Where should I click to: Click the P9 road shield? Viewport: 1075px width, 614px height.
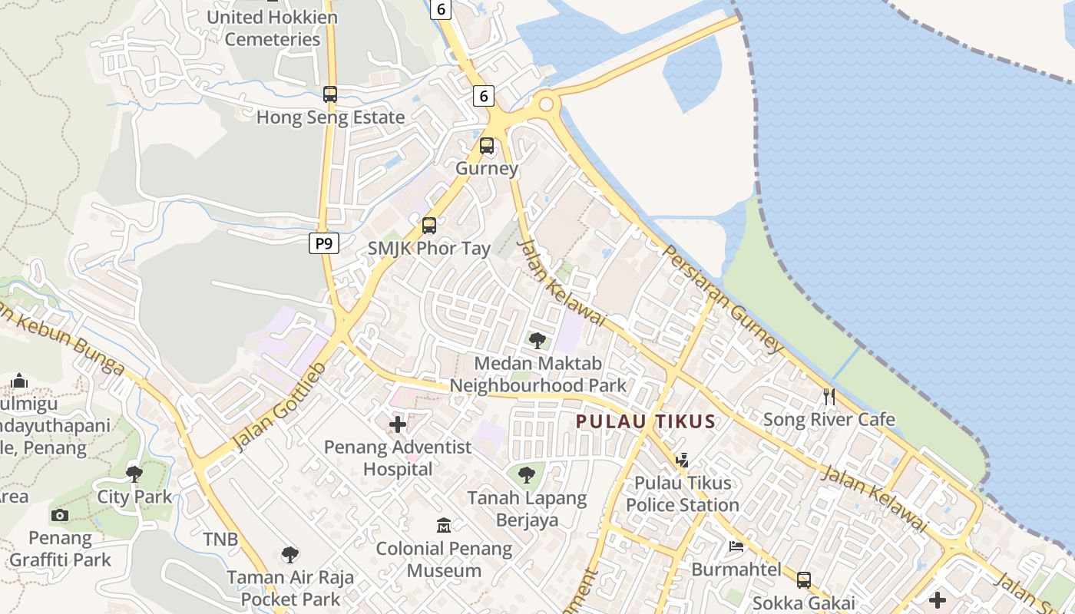(324, 244)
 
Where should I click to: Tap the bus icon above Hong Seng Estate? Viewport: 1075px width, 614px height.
(329, 94)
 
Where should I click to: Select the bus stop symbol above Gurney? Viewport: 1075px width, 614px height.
(487, 146)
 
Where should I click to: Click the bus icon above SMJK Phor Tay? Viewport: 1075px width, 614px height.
(428, 226)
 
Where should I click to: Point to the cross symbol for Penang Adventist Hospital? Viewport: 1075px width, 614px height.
(398, 424)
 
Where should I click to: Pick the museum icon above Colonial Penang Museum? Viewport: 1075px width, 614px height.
(444, 526)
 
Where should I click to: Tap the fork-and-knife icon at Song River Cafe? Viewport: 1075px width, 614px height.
(829, 397)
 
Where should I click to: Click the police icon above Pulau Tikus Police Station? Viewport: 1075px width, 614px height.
(682, 460)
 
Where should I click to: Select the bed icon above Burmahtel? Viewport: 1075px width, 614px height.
(736, 546)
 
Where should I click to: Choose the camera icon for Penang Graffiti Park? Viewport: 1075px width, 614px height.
(60, 515)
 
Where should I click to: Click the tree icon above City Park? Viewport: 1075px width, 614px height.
(134, 474)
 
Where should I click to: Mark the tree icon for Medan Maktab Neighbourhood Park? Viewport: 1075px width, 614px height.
(537, 340)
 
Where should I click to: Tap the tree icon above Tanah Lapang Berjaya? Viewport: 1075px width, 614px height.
(527, 475)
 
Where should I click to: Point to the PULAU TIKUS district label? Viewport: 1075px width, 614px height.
(646, 421)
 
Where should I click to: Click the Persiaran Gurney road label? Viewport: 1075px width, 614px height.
(723, 300)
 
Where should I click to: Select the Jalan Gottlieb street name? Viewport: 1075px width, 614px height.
(279, 406)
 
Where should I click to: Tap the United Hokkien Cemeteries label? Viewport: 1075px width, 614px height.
(273, 28)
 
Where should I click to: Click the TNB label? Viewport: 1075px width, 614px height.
(220, 539)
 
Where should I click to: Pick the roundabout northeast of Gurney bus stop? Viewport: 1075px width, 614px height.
(544, 104)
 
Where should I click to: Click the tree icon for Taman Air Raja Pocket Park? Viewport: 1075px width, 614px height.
(289, 554)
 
